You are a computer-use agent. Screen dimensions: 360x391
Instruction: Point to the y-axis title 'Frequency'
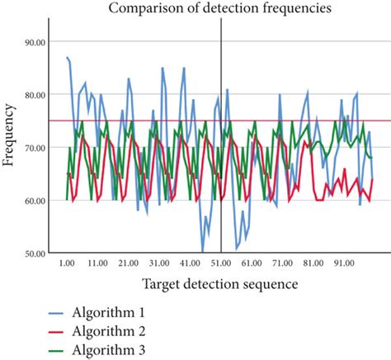(x=11, y=135)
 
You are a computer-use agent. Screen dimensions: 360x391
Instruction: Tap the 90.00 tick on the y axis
(x=35, y=41)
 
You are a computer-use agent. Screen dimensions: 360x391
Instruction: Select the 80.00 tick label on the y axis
(x=35, y=94)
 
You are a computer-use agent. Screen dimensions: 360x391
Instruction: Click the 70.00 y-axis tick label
(x=35, y=147)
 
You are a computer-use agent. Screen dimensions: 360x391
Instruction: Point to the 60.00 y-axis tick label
(x=35, y=201)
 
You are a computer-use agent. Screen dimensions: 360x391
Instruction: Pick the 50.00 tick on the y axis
(x=35, y=253)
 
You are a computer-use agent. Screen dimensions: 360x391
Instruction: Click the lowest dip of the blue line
(x=203, y=251)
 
